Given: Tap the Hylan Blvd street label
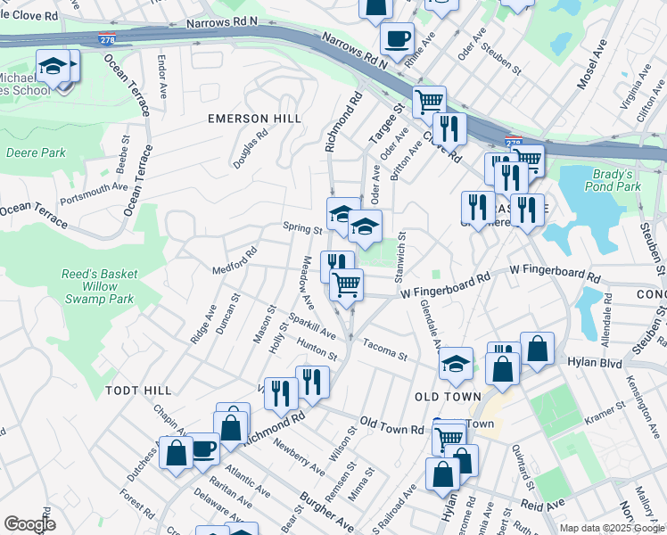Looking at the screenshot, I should (598, 363).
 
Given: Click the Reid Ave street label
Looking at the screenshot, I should (543, 504).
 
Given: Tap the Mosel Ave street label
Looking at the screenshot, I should (592, 63).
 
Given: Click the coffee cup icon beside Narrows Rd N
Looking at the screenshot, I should (397, 39).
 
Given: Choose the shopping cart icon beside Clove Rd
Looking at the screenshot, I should (429, 101).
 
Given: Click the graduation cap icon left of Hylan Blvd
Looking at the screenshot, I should (456, 363).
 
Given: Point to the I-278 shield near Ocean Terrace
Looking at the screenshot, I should (105, 36).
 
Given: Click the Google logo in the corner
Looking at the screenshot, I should (29, 523).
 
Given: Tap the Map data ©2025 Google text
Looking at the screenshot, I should (611, 528).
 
